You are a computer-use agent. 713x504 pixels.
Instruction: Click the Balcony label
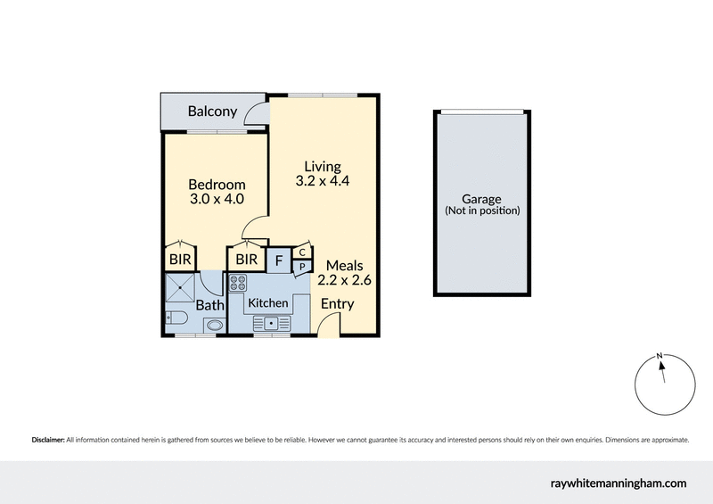point(212,112)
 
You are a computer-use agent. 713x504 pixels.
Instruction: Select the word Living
point(322,166)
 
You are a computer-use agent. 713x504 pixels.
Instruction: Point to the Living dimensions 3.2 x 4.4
point(322,181)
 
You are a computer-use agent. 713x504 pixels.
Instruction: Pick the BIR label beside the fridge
point(246,260)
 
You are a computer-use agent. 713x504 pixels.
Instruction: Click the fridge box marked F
point(279,260)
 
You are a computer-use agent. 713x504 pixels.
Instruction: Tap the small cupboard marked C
point(302,252)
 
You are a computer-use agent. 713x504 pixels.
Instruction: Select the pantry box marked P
point(302,266)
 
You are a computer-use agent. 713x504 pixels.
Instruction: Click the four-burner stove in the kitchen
point(239,284)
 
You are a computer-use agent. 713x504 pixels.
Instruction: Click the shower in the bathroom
point(181,287)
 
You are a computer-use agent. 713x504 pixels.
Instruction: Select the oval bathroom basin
point(213,326)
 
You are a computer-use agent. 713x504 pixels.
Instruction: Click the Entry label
point(338,304)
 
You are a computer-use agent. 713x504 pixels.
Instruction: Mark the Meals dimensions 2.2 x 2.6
point(344,280)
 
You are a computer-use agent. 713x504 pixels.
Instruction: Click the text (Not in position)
point(482,211)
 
